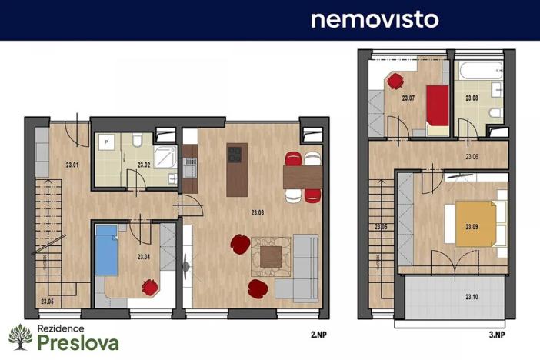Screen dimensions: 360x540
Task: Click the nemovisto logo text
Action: pos(375,19)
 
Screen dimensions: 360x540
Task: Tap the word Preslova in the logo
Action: pos(78,342)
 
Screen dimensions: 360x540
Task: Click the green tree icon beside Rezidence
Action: pos(20,337)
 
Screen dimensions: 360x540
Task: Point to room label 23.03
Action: pos(258,212)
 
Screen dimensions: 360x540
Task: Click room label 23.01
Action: pos(72,164)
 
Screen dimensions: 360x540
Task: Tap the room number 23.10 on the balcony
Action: pos(472,296)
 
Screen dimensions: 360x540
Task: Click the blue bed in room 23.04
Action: pos(106,250)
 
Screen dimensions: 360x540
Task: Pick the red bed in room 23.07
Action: pos(438,108)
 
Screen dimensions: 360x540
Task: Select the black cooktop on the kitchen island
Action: pos(236,155)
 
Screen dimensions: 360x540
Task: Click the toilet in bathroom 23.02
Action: pos(137,140)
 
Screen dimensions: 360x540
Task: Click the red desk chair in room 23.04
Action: pos(150,288)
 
